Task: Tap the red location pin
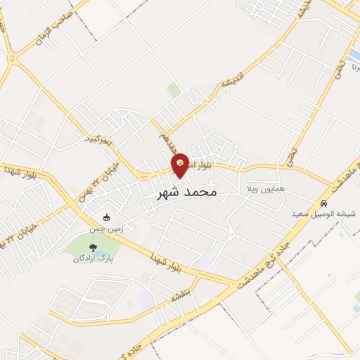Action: (x=181, y=165)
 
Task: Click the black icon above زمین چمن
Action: (x=106, y=217)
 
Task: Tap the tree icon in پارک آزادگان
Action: (x=93, y=247)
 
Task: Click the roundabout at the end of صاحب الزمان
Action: (x=12, y=59)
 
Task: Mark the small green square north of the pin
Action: (x=174, y=89)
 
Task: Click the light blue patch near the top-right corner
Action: (x=352, y=56)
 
